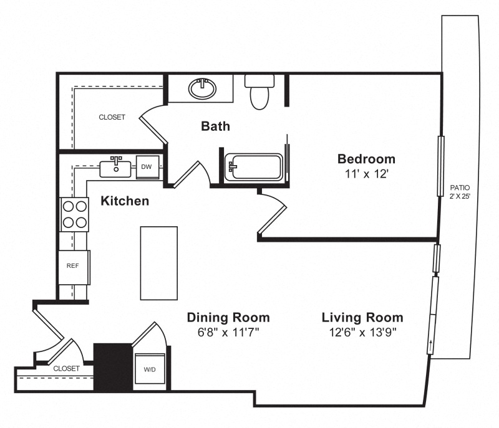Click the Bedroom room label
coord(366,159)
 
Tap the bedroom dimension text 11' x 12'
coord(366,174)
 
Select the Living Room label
coord(362,318)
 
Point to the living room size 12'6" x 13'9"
coord(362,332)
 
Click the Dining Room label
coord(228,318)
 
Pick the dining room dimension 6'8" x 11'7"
coord(228,332)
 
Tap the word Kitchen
coord(125,201)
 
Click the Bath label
coord(215,126)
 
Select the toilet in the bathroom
coord(259,92)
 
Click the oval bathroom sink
coord(202,88)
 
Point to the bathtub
coord(254,167)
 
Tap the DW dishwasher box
coord(148,167)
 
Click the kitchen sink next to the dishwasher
coord(115,168)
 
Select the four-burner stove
coord(74,214)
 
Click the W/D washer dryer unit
coord(150,369)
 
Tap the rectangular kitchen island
coord(159,263)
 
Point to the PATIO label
coord(460,188)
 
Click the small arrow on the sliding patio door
coord(431,346)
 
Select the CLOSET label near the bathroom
coord(112,117)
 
